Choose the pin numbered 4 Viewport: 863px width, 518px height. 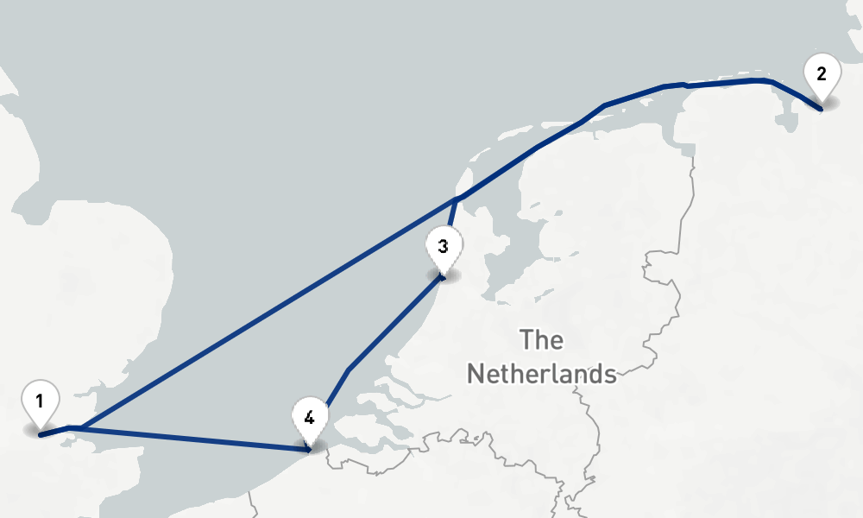(x=309, y=417)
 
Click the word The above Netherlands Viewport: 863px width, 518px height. (x=542, y=340)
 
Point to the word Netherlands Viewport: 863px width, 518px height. (x=541, y=374)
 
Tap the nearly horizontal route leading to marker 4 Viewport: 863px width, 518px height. (x=198, y=438)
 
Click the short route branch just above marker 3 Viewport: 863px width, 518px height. (x=451, y=216)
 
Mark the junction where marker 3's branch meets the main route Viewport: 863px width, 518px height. (x=456, y=200)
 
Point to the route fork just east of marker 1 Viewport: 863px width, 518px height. (x=79, y=427)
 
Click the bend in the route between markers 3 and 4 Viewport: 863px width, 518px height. (x=349, y=370)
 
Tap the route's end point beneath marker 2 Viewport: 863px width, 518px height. (x=820, y=109)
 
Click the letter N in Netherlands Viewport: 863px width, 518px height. (x=476, y=374)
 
